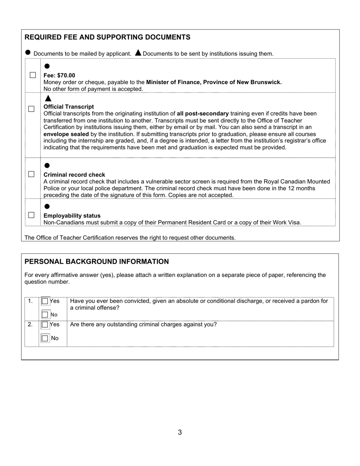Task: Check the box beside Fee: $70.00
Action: click(x=33, y=75)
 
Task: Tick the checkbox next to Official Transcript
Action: click(x=31, y=109)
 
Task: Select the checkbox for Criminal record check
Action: click(x=31, y=174)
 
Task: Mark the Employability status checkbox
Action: click(x=31, y=215)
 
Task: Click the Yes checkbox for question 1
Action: click(x=45, y=301)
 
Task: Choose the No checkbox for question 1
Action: click(x=45, y=314)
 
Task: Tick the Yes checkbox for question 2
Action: click(x=45, y=325)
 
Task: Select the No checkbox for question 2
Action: click(x=45, y=338)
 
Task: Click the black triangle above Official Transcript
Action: click(x=48, y=99)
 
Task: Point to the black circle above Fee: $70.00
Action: click(x=47, y=66)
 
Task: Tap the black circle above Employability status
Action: click(x=47, y=206)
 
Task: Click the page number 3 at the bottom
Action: click(x=180, y=432)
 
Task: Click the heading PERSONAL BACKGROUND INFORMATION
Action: click(x=97, y=261)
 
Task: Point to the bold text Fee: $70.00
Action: click(x=59, y=75)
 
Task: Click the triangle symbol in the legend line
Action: click(x=138, y=53)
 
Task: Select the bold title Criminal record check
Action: click(x=74, y=175)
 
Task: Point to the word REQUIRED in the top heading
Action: click(x=41, y=37)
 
